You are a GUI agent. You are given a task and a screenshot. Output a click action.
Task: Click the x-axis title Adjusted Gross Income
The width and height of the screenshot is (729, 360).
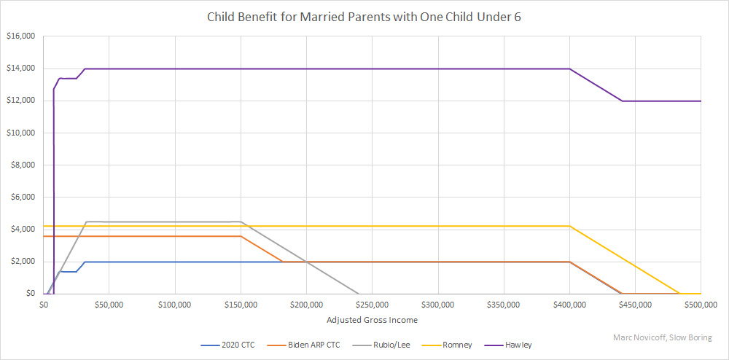[x=372, y=319]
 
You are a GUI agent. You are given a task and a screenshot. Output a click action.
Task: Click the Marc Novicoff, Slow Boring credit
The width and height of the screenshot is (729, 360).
[x=662, y=337]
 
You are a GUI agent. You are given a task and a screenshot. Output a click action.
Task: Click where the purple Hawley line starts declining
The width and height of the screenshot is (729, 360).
[x=569, y=69]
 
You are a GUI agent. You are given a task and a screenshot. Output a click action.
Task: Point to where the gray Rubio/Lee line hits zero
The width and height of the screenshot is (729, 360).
[x=359, y=294]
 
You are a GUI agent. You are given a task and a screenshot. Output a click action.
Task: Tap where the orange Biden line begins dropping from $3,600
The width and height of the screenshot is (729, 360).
[x=241, y=236]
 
